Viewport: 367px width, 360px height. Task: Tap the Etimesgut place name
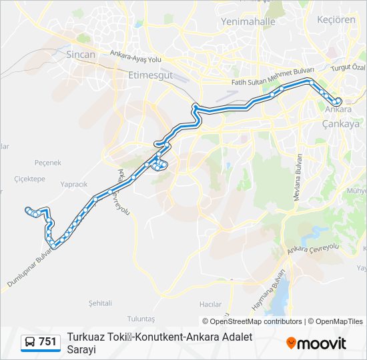click(150, 75)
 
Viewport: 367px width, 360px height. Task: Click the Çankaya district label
click(340, 123)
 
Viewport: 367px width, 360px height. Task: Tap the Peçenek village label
click(47, 162)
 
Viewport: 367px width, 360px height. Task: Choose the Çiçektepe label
click(29, 179)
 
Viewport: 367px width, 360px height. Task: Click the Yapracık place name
click(73, 184)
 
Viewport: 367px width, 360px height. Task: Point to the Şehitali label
click(100, 302)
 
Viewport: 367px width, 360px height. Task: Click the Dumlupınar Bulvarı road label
click(31, 271)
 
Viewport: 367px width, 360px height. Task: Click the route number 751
click(47, 341)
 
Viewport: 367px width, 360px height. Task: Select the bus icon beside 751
click(30, 342)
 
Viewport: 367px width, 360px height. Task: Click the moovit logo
click(316, 343)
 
